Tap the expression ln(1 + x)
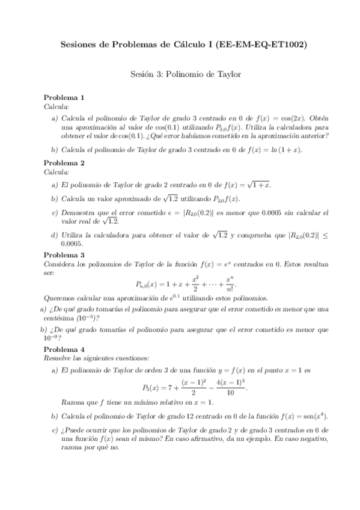click(x=285, y=150)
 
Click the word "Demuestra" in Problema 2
click(x=79, y=213)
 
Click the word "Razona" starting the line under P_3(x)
click(x=73, y=402)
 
